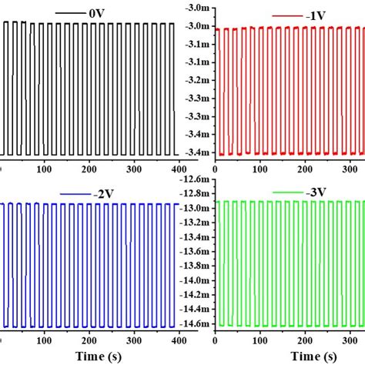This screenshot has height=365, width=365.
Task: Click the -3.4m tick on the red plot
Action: (x=196, y=152)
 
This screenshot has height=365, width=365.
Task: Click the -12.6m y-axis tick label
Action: (x=193, y=180)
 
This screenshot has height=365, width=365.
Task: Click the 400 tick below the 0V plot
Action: (x=181, y=169)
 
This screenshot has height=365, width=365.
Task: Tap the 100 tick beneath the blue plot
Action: (x=46, y=340)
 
